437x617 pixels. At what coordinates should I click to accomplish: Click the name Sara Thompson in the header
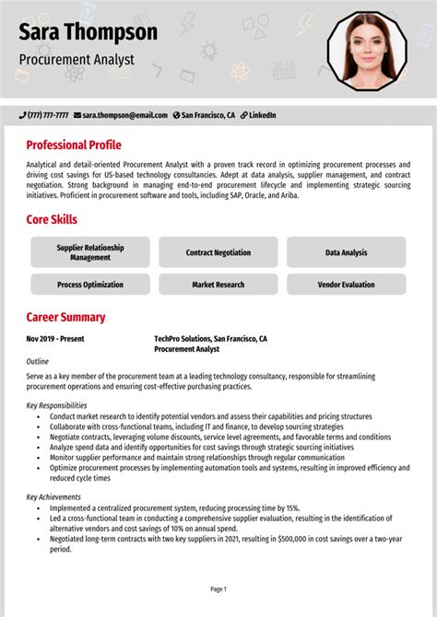89,33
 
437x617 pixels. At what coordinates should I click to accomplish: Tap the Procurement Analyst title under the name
77,60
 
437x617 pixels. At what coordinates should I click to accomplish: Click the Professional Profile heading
74,145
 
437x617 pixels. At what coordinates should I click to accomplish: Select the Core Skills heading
52,220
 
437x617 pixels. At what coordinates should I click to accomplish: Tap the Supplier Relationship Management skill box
90,252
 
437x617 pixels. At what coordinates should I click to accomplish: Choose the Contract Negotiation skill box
218,252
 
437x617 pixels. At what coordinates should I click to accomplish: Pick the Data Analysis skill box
346,252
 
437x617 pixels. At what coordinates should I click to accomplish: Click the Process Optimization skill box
90,285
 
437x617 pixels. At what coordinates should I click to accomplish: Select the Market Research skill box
218,285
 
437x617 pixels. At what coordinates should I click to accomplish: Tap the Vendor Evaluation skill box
346,285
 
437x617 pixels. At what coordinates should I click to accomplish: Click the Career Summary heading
65,318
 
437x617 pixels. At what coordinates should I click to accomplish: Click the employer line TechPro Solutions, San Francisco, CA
210,339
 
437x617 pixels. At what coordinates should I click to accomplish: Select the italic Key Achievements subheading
54,496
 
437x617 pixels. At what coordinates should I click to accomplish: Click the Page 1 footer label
218,588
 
